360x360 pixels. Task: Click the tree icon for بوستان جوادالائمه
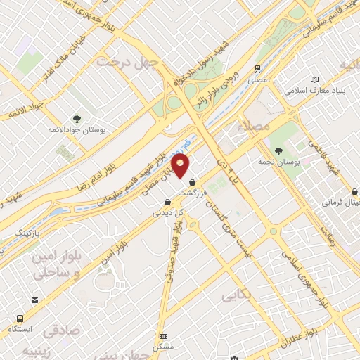(x=77, y=119)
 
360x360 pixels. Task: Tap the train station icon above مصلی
(x=258, y=69)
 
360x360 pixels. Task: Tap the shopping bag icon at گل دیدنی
(x=164, y=200)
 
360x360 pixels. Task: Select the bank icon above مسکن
(x=164, y=336)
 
